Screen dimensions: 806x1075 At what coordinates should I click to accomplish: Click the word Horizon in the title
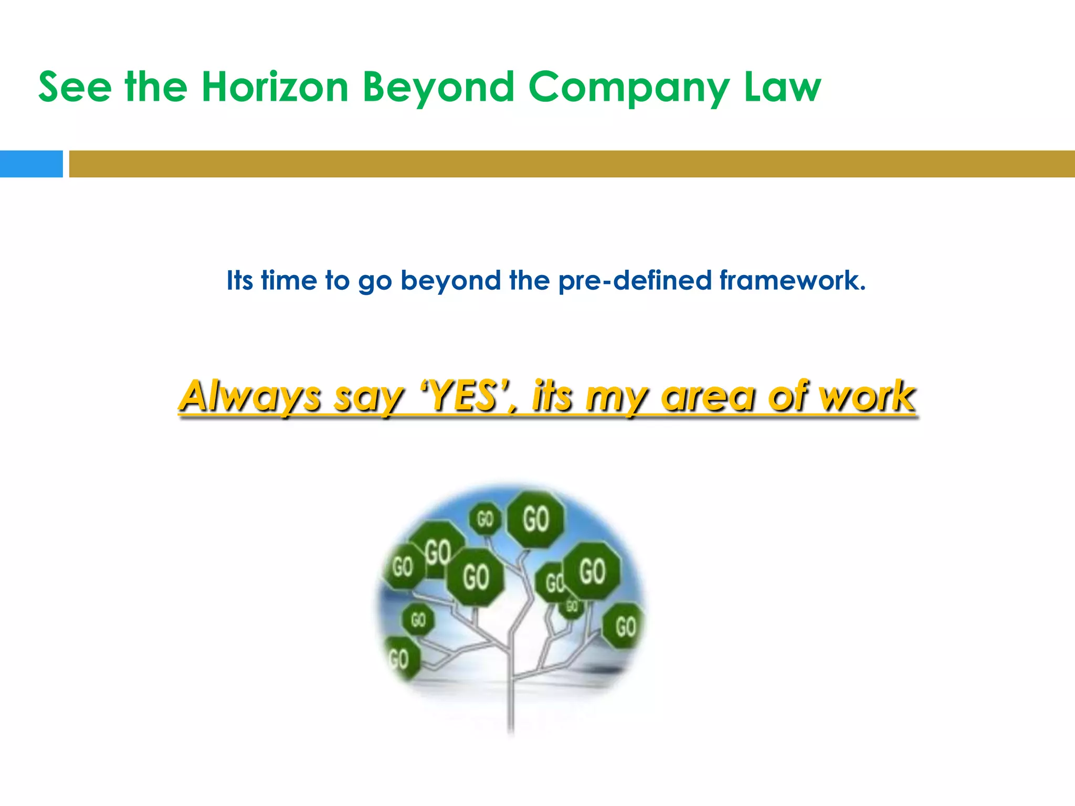click(x=275, y=87)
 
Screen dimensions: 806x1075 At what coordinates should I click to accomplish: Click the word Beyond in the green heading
click(x=438, y=88)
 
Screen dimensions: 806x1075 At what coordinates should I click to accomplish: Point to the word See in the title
click(x=75, y=87)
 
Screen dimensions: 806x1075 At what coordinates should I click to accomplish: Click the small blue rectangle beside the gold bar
click(x=31, y=164)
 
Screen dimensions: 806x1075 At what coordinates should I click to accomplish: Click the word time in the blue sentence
click(x=289, y=280)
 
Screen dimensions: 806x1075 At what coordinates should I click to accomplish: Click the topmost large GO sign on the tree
click(x=535, y=519)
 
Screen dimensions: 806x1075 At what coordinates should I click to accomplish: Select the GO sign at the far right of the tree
click(x=624, y=626)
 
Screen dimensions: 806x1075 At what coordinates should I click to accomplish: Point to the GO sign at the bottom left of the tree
click(x=400, y=658)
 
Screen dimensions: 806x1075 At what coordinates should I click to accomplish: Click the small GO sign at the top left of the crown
click(x=484, y=519)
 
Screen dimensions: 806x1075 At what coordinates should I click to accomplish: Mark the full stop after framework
click(x=862, y=289)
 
